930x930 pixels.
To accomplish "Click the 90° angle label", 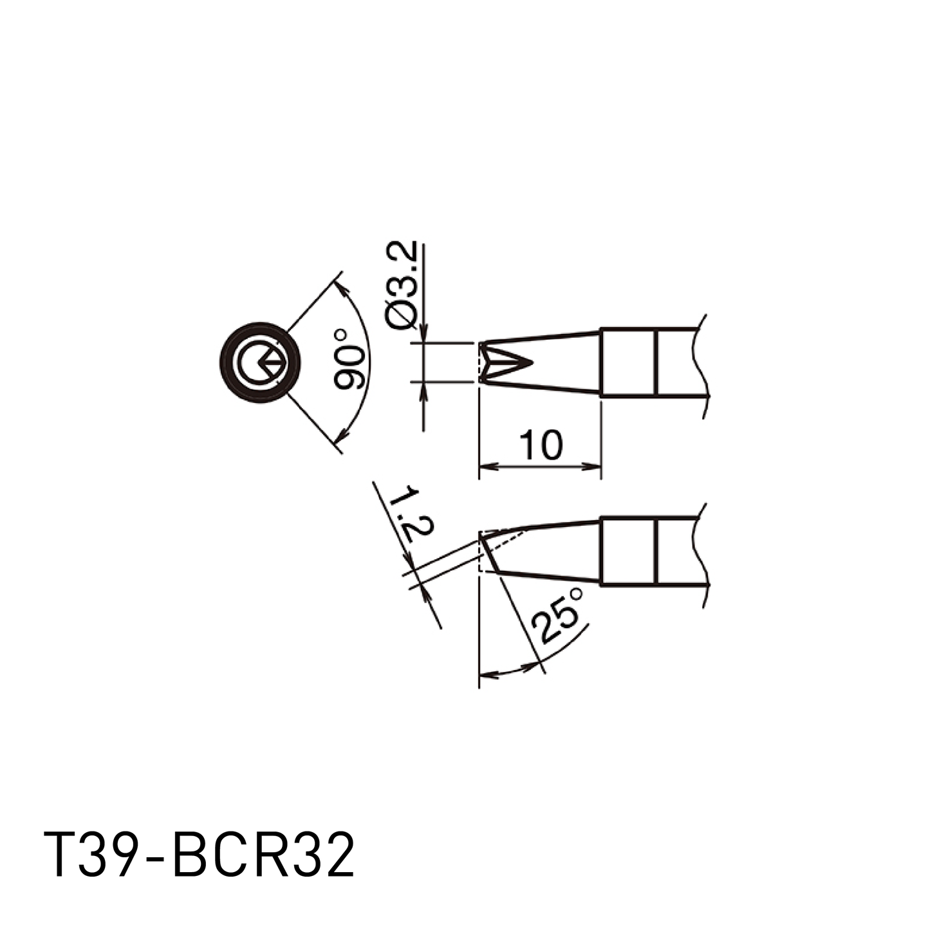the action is click(348, 359).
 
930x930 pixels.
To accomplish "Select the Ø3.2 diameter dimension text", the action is click(402, 286).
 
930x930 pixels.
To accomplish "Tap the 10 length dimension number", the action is click(541, 445).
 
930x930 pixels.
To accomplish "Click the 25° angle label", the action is click(558, 615).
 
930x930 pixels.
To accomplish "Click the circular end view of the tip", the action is click(260, 362).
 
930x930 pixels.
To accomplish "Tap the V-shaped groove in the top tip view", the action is click(507, 362).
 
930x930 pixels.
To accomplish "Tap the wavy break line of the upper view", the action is click(702, 366).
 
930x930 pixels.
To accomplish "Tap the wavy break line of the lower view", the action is click(702, 555).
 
